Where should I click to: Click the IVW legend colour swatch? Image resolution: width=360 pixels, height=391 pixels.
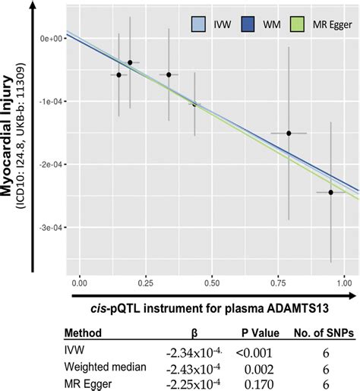point(199,24)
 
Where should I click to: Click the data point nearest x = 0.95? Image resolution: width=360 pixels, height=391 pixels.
point(330,193)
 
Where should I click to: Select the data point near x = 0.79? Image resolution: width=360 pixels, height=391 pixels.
point(289,133)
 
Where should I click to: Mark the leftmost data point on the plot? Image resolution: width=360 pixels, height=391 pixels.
point(118,75)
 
